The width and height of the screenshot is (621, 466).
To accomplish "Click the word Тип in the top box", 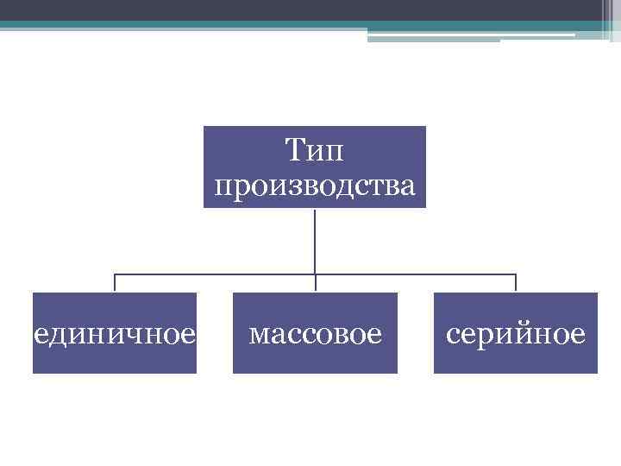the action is point(315,153).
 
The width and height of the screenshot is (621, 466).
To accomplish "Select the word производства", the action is point(315,184).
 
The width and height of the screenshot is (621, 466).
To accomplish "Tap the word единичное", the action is point(115,332).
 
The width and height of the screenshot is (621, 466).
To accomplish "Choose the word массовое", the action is point(315,332).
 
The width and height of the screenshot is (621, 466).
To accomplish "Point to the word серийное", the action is point(515,332).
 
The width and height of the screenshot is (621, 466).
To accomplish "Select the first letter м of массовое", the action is point(257,333).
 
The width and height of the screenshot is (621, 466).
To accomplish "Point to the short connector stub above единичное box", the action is point(115,283).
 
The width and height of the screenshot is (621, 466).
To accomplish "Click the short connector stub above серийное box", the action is point(516,283).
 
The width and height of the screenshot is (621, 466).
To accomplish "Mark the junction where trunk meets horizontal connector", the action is point(315,274).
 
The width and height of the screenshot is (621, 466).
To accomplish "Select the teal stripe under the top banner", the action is point(259,26).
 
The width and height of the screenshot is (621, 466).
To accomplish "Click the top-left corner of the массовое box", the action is point(234,293).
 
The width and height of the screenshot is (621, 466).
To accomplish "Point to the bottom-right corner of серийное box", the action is point(596,372).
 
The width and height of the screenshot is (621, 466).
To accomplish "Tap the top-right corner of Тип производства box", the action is point(425,127).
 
